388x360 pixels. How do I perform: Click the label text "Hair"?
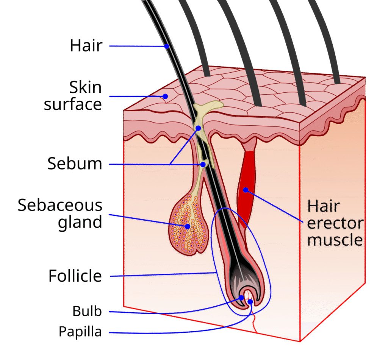tap(86, 46)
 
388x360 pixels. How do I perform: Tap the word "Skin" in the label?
tap(86, 88)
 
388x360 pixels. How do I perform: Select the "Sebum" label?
tap(75, 164)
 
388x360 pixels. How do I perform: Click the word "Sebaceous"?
tap(60, 206)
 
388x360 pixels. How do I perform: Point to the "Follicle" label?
tap(75, 276)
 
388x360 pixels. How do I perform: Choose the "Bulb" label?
tap(87, 312)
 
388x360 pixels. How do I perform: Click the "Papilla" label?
tap(80, 332)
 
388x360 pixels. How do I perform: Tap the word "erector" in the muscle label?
tap(335, 223)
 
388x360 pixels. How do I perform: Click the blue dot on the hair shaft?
tap(166, 47)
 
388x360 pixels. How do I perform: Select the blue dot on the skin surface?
tap(165, 96)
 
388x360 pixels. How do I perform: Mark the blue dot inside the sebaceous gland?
tap(187, 226)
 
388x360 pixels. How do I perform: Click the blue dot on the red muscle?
tap(246, 190)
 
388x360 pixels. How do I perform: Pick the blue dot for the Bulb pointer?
tap(241, 298)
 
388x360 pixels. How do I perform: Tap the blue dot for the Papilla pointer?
tap(250, 302)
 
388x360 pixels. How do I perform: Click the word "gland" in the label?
tap(80, 222)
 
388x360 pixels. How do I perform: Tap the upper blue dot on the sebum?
tap(198, 128)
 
